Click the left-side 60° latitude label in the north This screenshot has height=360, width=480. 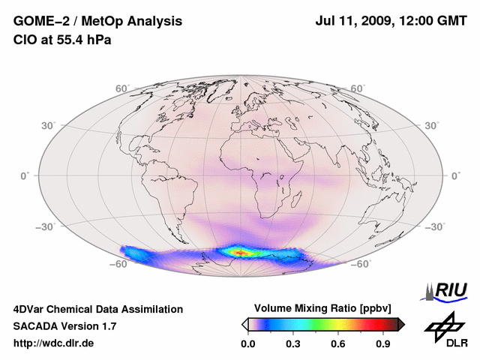pyautogui.click(x=121, y=88)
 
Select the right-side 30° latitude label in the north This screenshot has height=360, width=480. pyautogui.click(x=433, y=125)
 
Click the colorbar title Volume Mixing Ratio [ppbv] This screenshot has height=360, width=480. pyautogui.click(x=323, y=308)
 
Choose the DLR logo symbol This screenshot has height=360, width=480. pyautogui.click(x=445, y=325)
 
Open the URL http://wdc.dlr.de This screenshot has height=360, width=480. pyautogui.click(x=54, y=343)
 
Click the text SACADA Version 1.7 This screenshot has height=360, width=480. pyautogui.click(x=64, y=326)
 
